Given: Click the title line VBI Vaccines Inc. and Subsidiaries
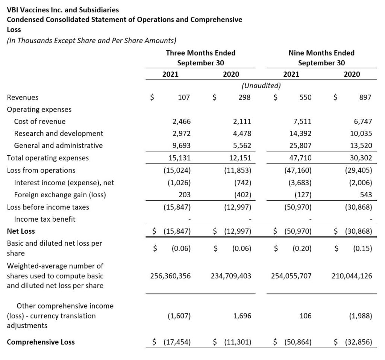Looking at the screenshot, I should coord(63,10).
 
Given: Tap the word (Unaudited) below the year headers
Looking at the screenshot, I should coord(261,86).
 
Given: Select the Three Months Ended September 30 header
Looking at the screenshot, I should coord(200,57).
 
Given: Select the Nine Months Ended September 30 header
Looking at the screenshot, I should coord(321,57).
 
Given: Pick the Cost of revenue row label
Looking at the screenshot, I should coord(39,121).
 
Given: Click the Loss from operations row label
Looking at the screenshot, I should coord(41,170).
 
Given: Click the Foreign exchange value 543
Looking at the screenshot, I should coord(365,195).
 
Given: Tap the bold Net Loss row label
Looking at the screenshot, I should coord(21,231).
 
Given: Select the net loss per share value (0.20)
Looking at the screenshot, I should coord(302,248).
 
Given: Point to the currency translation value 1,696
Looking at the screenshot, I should coord(242,316).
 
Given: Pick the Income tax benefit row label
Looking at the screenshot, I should coord(44,219).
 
